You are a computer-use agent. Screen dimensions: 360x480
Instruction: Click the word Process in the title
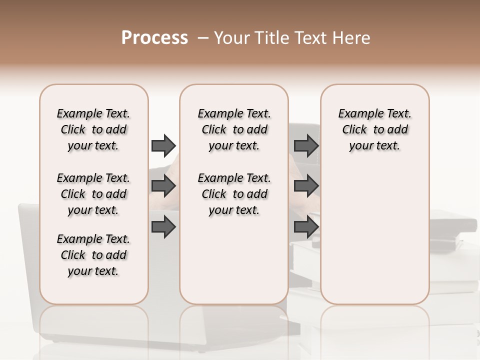[154, 38]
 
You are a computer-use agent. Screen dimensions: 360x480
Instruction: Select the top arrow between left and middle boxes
[163, 145]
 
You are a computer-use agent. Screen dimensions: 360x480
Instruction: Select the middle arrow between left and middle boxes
[163, 186]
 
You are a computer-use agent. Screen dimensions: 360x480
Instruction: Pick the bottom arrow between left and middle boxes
[163, 227]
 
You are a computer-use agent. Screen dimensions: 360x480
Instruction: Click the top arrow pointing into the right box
[306, 145]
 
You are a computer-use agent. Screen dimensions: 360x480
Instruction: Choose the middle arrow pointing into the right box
[306, 186]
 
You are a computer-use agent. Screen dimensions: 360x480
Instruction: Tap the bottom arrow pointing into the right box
[306, 227]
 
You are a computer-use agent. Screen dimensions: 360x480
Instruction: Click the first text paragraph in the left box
[93, 129]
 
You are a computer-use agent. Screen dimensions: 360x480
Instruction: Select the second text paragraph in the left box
[93, 194]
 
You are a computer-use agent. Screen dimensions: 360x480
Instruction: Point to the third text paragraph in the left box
[93, 255]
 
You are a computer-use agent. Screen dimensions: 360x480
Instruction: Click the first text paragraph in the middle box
[234, 129]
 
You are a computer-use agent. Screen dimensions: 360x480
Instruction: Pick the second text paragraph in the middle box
[234, 194]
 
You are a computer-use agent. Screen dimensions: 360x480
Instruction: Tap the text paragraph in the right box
[374, 129]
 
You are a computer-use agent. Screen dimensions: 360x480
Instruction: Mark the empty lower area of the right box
[374, 235]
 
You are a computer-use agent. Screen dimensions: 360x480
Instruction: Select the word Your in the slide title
[231, 38]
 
